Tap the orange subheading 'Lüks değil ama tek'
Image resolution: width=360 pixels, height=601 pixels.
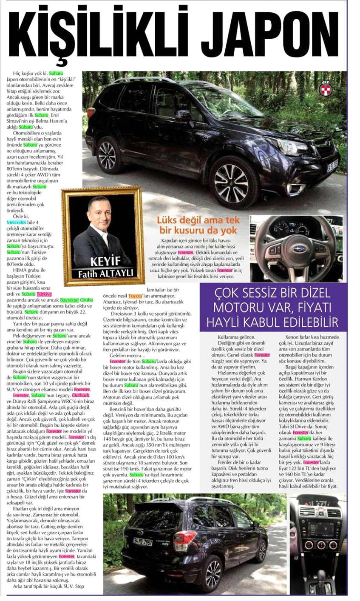click(x=198, y=220)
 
